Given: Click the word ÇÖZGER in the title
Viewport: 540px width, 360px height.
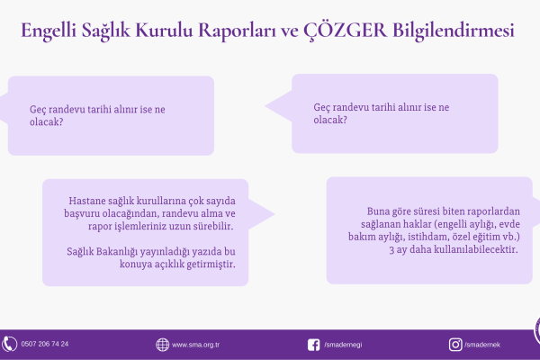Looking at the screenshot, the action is pos(345,31).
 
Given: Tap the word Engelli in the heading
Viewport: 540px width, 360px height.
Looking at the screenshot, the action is pos(49,31).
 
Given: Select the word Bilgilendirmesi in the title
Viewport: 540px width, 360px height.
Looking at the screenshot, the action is pos(454,31).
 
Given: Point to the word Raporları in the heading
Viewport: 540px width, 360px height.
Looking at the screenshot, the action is pos(237,31).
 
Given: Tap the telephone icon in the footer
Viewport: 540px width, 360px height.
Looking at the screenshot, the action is pos(9,344).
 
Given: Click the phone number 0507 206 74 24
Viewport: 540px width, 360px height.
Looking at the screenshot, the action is pos(45,344).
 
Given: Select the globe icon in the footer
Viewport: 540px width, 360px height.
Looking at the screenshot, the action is pos(162,345).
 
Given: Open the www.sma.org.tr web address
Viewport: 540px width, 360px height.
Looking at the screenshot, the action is pos(195,345).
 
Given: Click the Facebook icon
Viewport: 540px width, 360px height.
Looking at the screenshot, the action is pos(313,345).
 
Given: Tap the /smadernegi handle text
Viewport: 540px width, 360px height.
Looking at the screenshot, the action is pos(343,345).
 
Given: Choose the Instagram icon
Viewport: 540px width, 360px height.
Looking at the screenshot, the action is pos(455,345).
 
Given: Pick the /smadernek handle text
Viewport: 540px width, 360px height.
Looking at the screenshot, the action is pos(482,345).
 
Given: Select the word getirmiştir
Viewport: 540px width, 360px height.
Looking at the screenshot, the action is pos(211,265).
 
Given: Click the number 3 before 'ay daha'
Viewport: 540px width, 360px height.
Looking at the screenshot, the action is pos(391,250).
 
